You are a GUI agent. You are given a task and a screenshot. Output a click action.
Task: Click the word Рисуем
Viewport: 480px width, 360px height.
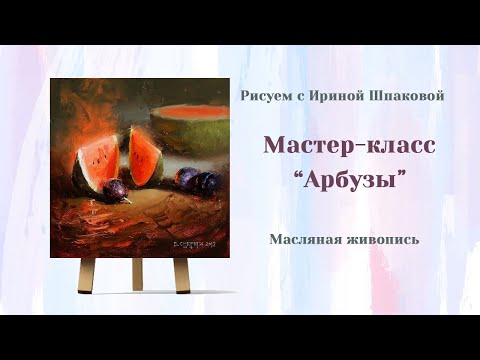tap(264, 96)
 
